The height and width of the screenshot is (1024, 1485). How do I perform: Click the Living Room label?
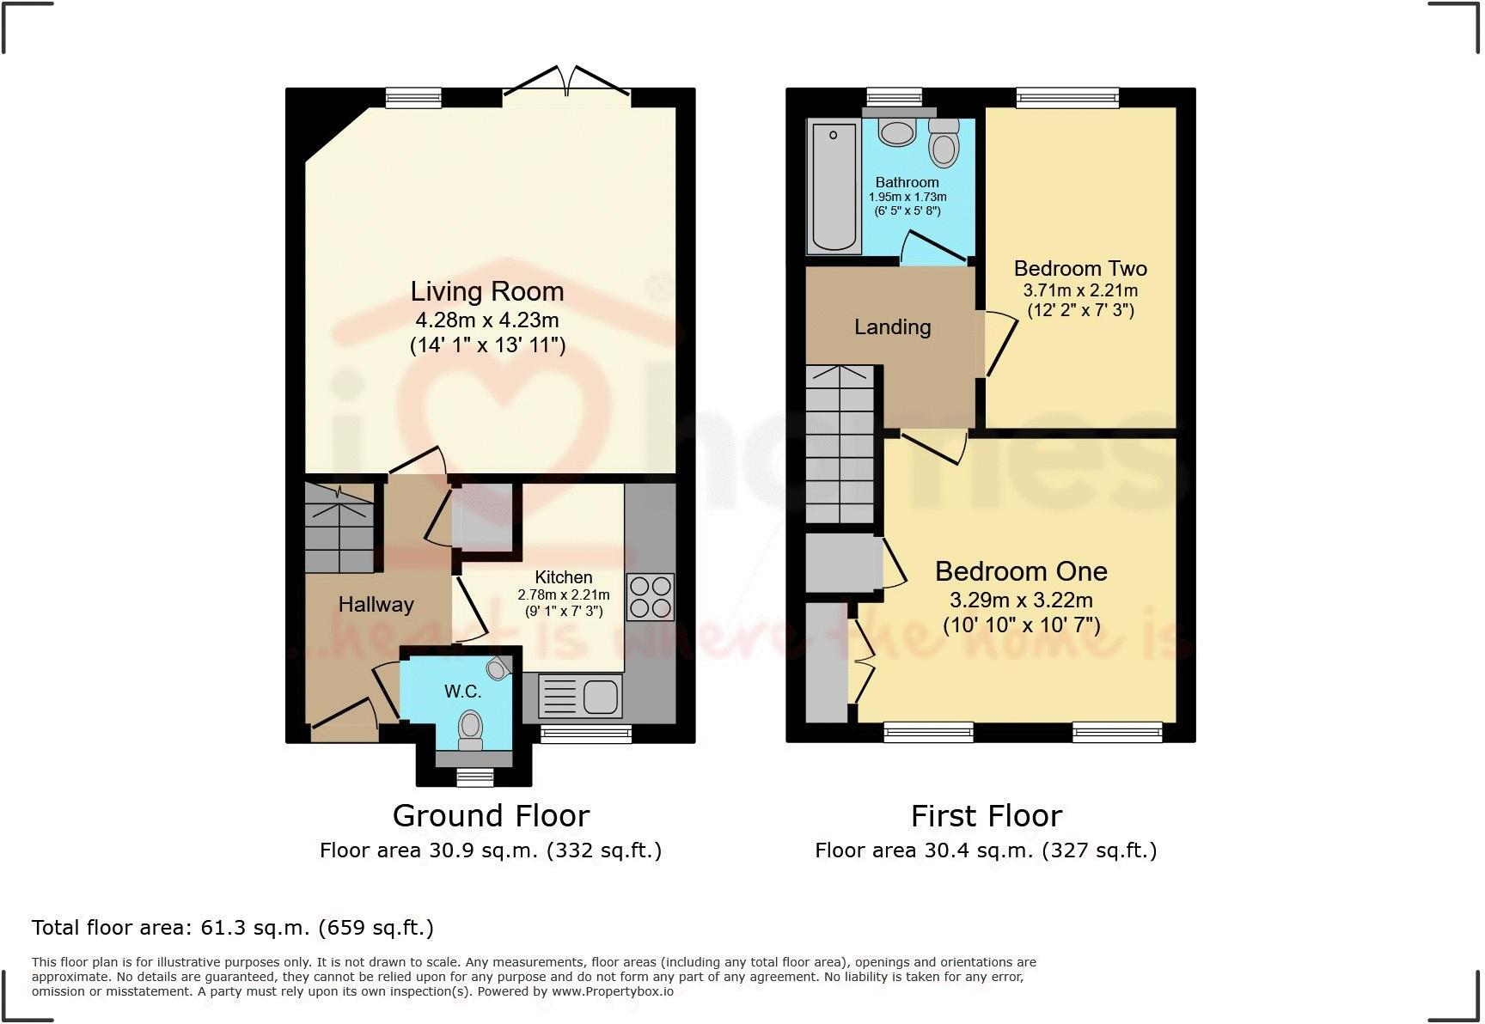coord(487,292)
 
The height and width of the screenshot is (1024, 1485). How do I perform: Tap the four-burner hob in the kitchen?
coord(651,596)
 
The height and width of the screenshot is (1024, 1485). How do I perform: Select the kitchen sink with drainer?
coord(579,696)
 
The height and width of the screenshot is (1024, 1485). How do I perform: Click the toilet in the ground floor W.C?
coord(470,727)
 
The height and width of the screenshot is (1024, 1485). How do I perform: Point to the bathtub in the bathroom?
coord(834,186)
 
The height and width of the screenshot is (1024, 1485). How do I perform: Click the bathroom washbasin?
coord(898,133)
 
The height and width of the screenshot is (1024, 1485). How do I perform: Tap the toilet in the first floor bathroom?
coord(944,143)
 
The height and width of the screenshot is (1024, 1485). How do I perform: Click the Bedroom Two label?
coord(1080,269)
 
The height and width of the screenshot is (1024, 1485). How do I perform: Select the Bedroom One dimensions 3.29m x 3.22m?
coord(1021,600)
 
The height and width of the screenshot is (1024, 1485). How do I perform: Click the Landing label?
coord(892,327)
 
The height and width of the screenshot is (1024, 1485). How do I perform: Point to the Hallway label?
coord(376,605)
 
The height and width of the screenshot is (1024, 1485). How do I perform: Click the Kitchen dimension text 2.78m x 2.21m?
coord(563,595)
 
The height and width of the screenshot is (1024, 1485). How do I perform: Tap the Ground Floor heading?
coord(491,815)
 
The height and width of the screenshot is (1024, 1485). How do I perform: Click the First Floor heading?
coord(986,815)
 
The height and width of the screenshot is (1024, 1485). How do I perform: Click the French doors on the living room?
coord(566,86)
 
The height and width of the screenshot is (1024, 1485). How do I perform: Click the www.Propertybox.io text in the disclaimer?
coord(613,991)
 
